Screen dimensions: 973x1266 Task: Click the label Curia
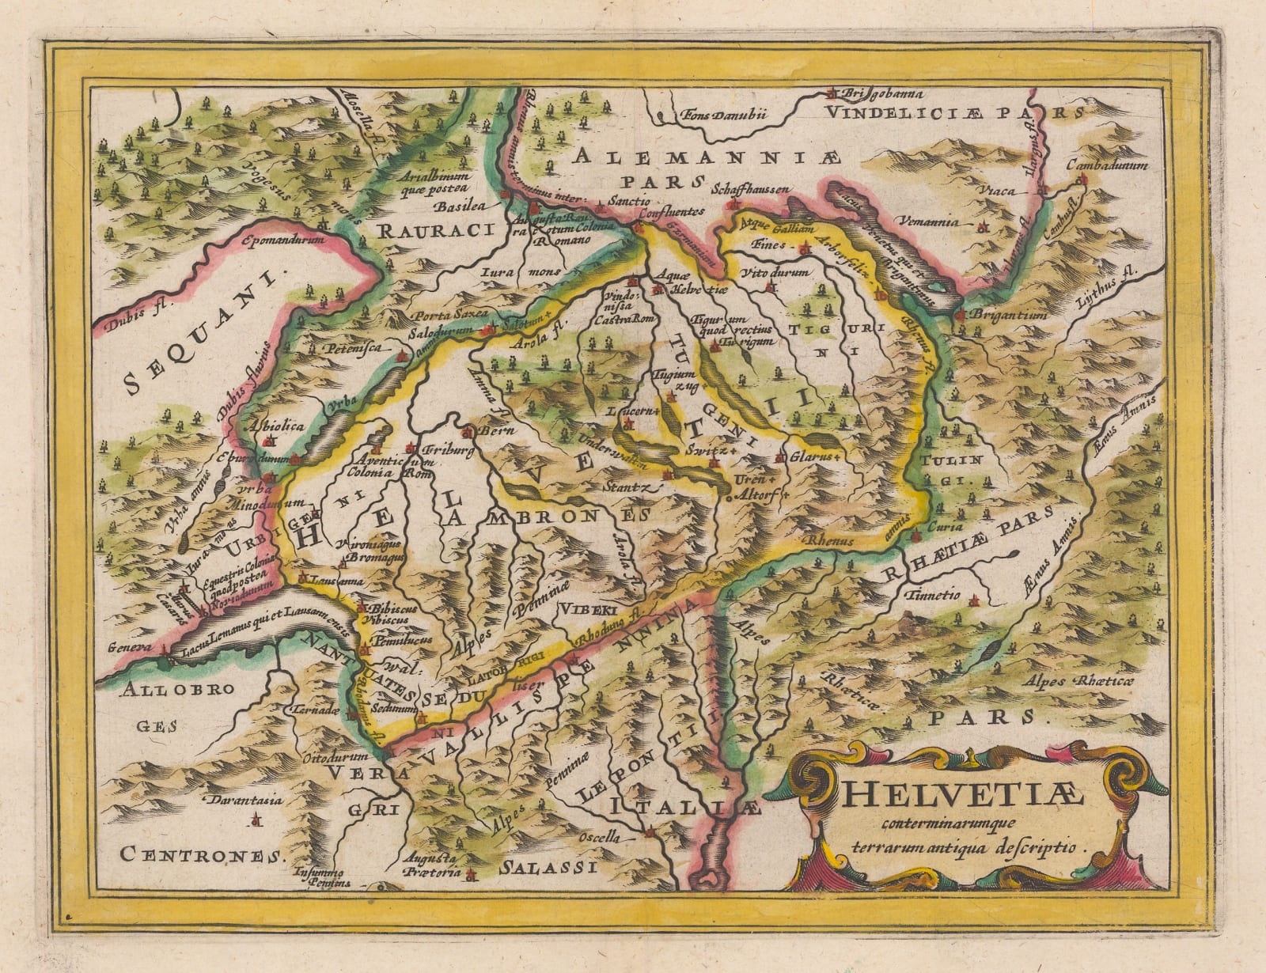click(x=946, y=526)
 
